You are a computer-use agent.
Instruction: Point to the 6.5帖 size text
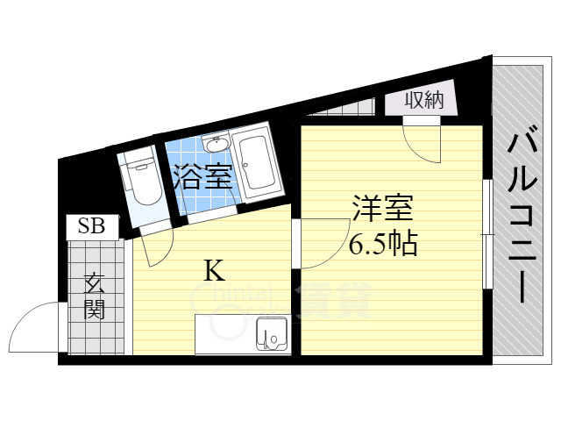click(382, 243)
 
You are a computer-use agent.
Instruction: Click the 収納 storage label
click(424, 101)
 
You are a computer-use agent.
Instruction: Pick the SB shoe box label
click(91, 226)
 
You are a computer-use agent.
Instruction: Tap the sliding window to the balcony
click(486, 235)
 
